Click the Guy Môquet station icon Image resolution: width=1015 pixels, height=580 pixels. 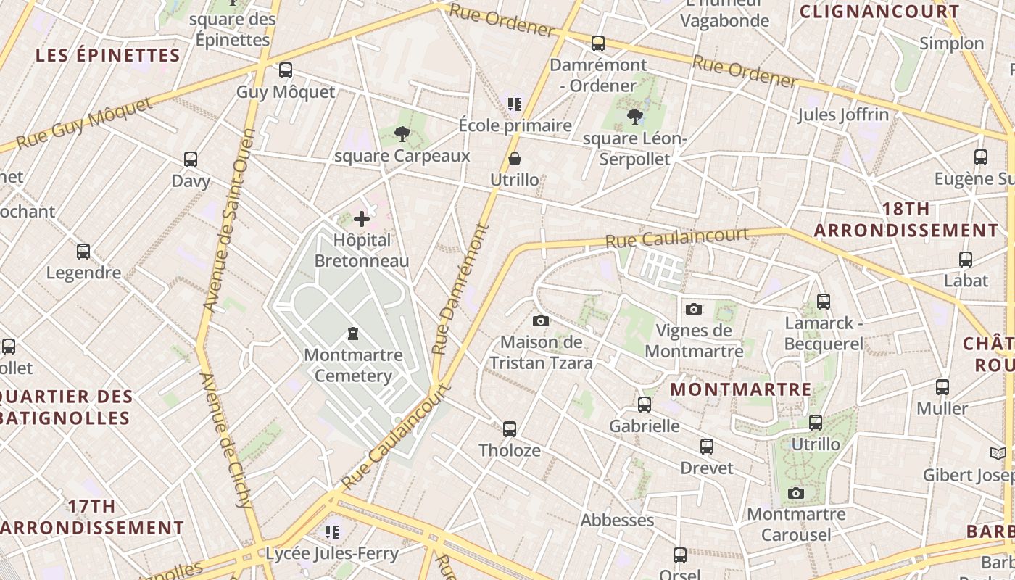click(x=286, y=70)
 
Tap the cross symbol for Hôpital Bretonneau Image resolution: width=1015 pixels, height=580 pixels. click(x=362, y=218)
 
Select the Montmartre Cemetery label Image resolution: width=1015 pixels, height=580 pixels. click(x=353, y=365)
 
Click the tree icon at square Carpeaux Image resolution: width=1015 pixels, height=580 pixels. click(x=402, y=133)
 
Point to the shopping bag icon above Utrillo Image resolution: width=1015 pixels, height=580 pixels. click(x=515, y=158)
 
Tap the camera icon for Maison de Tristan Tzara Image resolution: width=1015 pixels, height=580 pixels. click(x=540, y=320)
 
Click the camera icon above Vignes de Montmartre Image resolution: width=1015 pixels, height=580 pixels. click(x=694, y=309)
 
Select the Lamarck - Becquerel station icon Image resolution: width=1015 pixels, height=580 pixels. click(x=824, y=301)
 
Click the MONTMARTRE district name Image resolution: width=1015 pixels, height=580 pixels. click(x=741, y=389)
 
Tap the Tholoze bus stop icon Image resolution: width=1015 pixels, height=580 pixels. click(x=510, y=429)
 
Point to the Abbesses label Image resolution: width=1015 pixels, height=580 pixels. click(x=617, y=520)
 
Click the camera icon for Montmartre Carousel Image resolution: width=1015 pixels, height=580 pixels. click(x=796, y=494)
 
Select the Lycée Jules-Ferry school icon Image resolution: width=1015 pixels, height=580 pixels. click(x=332, y=532)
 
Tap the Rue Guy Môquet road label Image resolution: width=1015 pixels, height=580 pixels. click(x=84, y=123)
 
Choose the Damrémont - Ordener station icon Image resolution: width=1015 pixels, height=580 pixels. click(x=598, y=43)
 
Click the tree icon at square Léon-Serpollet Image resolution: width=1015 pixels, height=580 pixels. click(x=635, y=116)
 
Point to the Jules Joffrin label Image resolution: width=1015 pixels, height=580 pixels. click(x=842, y=115)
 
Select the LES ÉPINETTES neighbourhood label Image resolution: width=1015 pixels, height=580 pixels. click(x=107, y=55)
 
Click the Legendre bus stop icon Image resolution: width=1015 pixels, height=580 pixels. click(x=83, y=252)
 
